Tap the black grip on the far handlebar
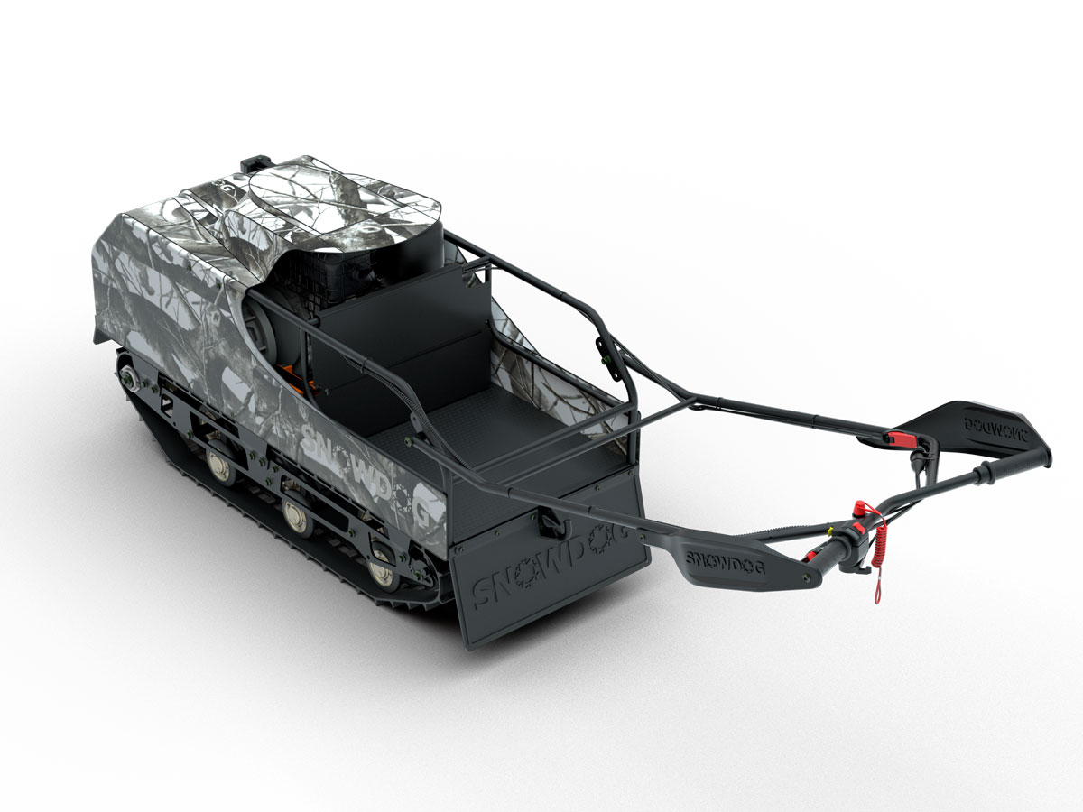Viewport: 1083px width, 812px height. (1015, 465)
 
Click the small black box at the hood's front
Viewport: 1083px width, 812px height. (254, 163)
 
